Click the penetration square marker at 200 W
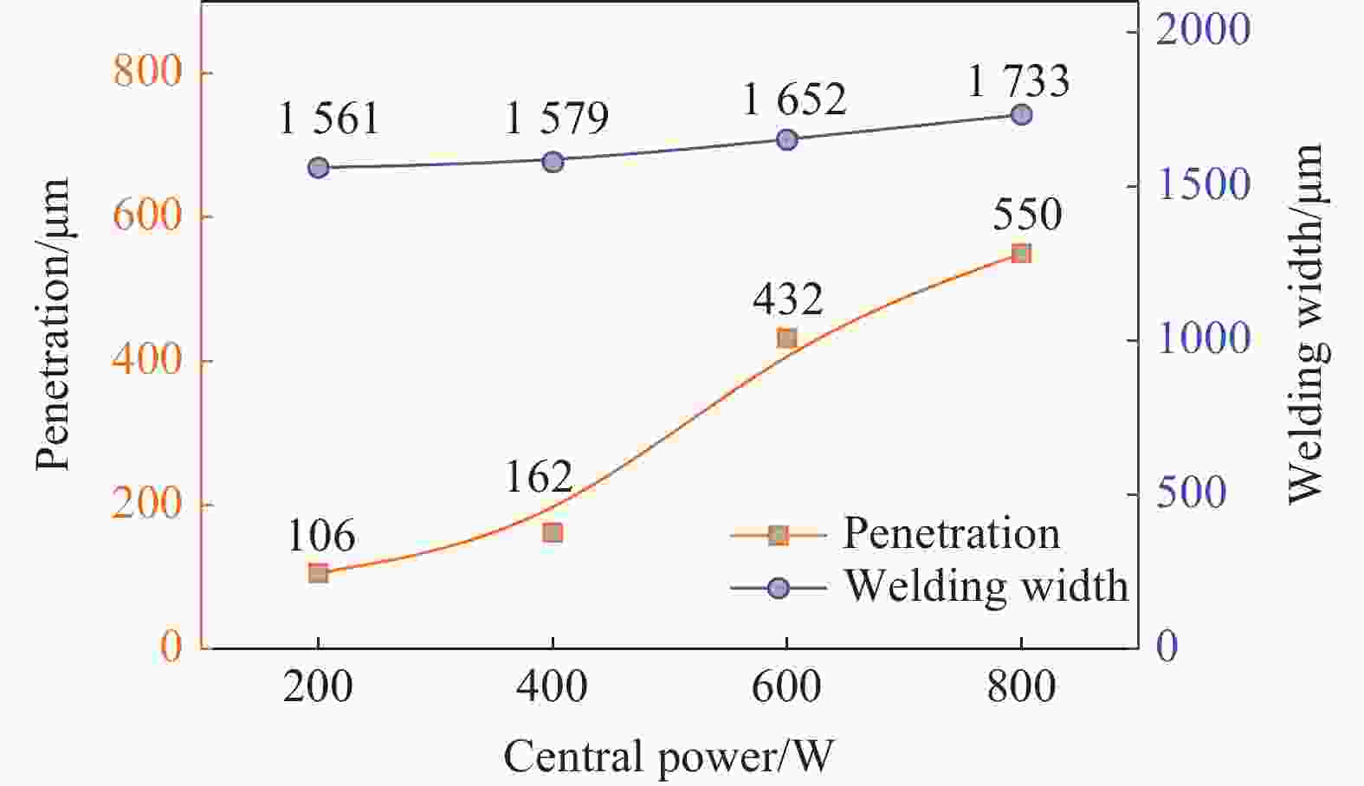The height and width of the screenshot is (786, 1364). point(318,572)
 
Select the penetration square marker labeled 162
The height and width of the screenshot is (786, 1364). point(553,532)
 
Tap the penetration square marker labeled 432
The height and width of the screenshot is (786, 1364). point(786,338)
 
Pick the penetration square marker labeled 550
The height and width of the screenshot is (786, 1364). point(1021,254)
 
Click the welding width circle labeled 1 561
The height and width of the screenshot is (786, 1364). point(318,168)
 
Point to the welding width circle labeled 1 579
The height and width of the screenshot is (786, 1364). point(553,162)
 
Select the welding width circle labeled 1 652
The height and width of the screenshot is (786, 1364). point(786,139)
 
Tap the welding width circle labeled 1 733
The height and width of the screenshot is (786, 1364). point(1021,114)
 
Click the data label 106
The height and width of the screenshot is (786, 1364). point(320,537)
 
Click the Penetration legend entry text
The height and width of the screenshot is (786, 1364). point(951,533)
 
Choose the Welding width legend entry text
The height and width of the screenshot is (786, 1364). point(986,586)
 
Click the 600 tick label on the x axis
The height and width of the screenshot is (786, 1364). point(786,687)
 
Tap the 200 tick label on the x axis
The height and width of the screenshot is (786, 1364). point(318,687)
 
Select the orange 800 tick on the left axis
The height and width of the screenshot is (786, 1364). point(147,71)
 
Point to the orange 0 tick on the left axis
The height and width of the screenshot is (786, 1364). point(171,646)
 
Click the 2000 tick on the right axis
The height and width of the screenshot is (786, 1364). point(1203,30)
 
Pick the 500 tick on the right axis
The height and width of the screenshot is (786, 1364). point(1191,493)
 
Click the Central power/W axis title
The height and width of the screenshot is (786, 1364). point(668,757)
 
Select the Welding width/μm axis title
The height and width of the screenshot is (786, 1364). point(1305,324)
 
